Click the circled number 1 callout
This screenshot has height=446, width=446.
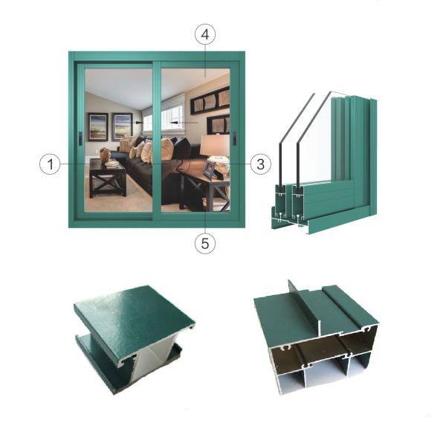(x=50, y=164)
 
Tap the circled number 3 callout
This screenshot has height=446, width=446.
(x=258, y=164)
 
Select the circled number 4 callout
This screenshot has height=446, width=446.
(x=205, y=34)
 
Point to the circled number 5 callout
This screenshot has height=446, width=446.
(x=205, y=242)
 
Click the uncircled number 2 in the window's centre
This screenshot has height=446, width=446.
(x=178, y=164)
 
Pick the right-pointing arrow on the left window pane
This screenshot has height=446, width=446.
(x=139, y=127)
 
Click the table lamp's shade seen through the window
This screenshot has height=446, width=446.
(x=216, y=145)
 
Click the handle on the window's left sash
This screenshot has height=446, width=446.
(x=80, y=138)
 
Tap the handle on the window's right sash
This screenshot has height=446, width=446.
(x=233, y=138)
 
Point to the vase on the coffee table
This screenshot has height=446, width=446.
(x=105, y=155)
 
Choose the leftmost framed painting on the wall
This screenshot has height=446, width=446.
(x=98, y=126)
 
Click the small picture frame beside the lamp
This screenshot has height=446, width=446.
(x=209, y=170)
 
